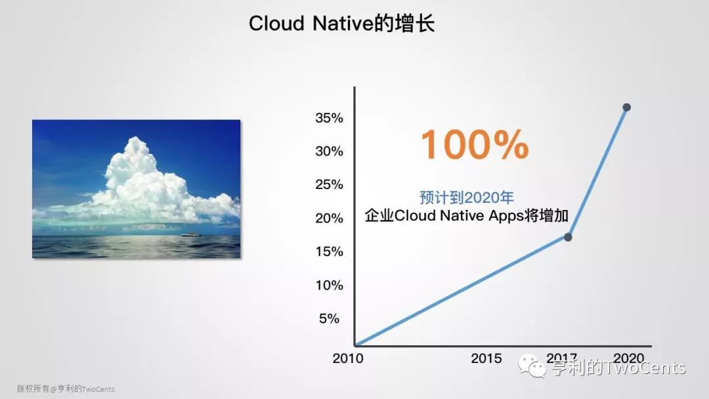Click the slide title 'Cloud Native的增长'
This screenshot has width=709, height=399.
pos(341,23)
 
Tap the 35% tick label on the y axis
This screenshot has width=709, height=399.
pos(329,118)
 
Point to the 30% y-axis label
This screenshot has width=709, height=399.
pos(329,152)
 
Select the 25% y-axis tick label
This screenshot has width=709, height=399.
pos(329,185)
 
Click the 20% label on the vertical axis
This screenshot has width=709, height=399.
pos(329,219)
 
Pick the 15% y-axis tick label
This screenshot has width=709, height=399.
pos(329,252)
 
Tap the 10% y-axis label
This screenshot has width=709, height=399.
pos(329,285)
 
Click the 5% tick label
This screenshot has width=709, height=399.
pos(329,319)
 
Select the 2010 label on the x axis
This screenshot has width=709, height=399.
pos(348,358)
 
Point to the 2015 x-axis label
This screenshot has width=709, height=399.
pos(486,358)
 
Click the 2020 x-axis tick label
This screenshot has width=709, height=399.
pos(628,358)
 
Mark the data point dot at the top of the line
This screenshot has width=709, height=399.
pos(627,108)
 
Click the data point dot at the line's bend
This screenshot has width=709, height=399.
pos(568,237)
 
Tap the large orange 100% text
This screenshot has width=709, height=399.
pos(475,144)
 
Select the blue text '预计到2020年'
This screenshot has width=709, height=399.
pos(467,198)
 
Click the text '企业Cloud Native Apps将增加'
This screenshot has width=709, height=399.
pos(467,215)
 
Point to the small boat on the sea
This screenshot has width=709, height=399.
pos(191,234)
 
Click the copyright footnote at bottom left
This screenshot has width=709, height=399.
pos(66,388)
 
